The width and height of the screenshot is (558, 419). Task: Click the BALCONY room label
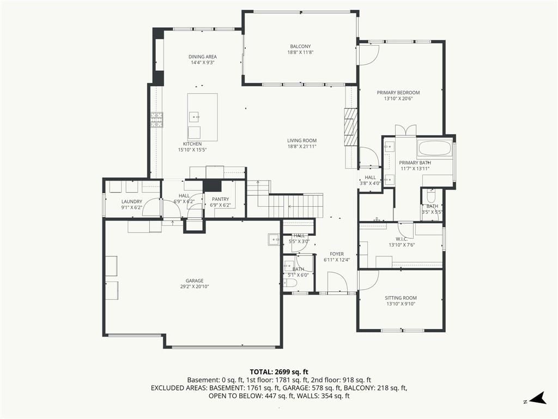point(300,46)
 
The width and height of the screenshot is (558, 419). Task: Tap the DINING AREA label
point(203,57)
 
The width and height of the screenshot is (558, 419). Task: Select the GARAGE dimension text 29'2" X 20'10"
point(195,286)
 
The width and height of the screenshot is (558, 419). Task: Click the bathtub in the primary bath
point(434,148)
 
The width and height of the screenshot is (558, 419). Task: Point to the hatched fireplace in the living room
point(350,127)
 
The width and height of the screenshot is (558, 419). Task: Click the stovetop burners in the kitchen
point(156,119)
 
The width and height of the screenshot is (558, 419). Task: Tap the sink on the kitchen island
point(194,117)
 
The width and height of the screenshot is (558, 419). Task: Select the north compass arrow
point(538,398)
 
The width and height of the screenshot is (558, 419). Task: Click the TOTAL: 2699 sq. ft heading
point(279,372)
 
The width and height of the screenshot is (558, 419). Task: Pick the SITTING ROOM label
point(401,298)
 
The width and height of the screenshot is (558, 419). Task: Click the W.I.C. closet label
point(402,239)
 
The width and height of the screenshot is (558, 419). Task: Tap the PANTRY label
point(220,199)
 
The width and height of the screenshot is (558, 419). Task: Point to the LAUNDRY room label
point(132,202)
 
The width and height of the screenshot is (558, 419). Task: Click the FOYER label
point(337,254)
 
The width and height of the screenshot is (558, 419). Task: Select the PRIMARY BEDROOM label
point(398,93)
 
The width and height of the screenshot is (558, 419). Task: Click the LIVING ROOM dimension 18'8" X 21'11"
point(302,146)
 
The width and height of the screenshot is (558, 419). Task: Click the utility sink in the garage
point(274,240)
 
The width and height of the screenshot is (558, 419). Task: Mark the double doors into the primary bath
point(405,130)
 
